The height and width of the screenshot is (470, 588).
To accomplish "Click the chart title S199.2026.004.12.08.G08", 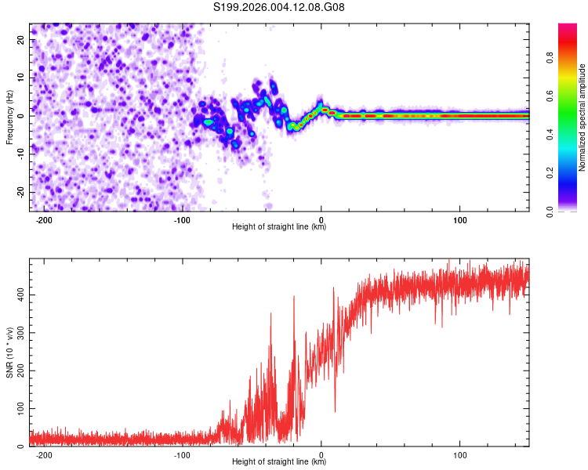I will click(279, 7).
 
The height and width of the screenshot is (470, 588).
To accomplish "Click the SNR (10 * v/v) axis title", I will click(9, 352).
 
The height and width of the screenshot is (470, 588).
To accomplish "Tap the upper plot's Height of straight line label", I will click(279, 226).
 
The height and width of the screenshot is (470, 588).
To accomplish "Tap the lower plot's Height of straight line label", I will click(279, 461).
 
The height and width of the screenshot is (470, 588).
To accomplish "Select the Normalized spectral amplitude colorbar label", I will click(583, 117).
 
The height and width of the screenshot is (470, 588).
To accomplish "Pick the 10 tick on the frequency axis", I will click(20, 78).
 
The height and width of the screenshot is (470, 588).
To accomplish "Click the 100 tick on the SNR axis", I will click(19, 409).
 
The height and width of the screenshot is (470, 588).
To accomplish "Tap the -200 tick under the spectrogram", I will click(44, 220).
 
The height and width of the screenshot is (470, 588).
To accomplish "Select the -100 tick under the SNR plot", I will click(182, 455).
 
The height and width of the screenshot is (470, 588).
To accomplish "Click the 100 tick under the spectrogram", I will click(459, 220).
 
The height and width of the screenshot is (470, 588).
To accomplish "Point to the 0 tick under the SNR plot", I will click(321, 455).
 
